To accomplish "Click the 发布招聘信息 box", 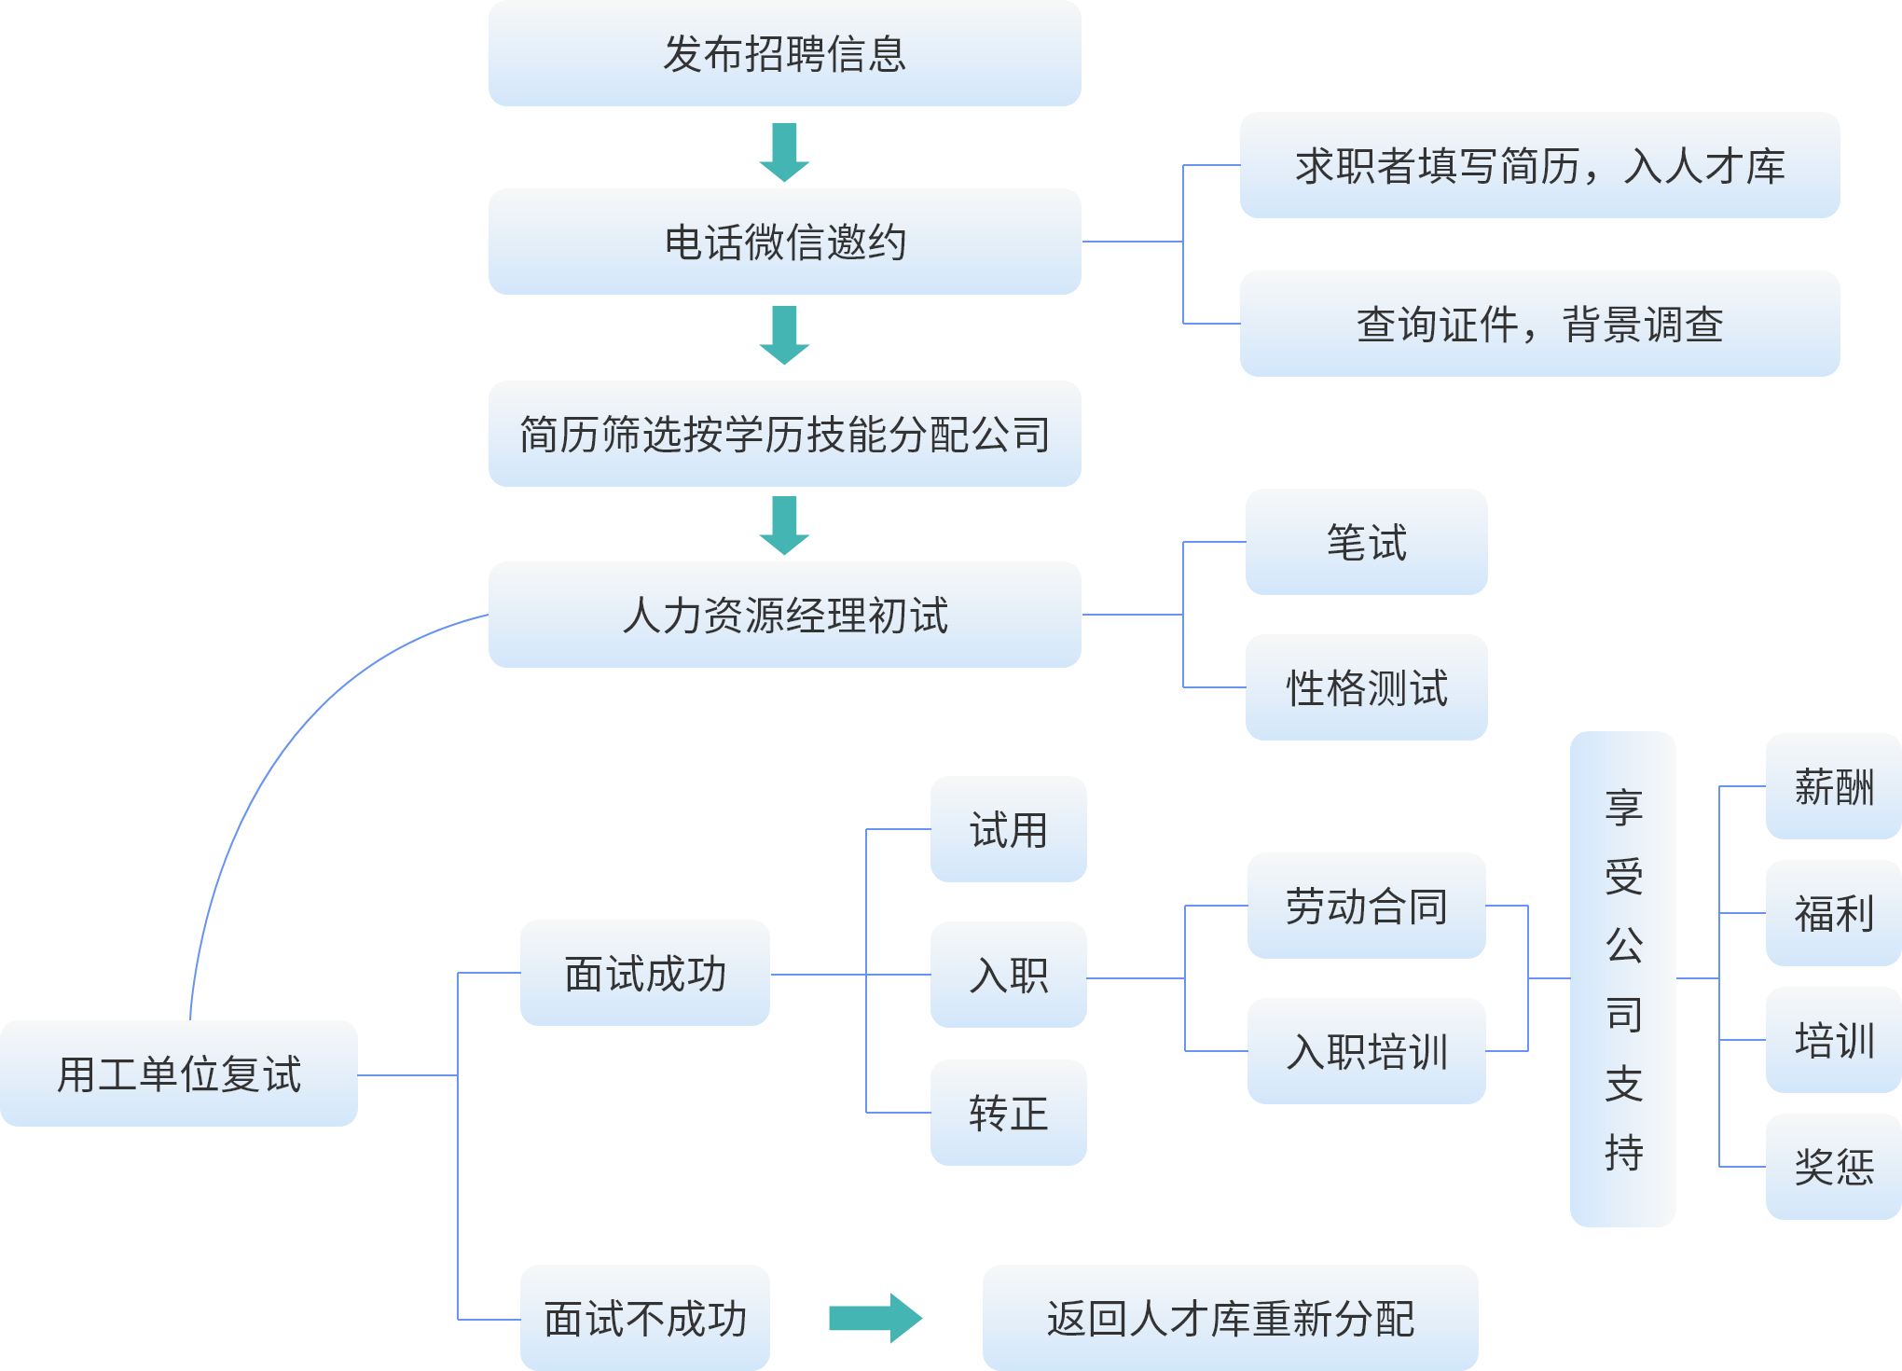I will pyautogui.click(x=784, y=53).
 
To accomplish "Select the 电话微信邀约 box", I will pyautogui.click(x=784, y=242).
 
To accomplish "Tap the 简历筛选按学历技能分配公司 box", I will pyautogui.click(x=784, y=434).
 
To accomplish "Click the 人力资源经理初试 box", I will pyautogui.click(x=784, y=615).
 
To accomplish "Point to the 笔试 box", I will pyautogui.click(x=1366, y=542).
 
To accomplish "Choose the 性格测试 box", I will pyautogui.click(x=1366, y=687).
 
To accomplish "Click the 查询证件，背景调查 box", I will pyautogui.click(x=1539, y=324).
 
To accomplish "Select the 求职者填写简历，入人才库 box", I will pyautogui.click(x=1539, y=165).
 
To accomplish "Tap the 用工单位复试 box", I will pyautogui.click(x=179, y=1073).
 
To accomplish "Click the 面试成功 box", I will pyautogui.click(x=645, y=973).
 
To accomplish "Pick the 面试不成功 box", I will pyautogui.click(x=645, y=1318).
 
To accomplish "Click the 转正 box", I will pyautogui.click(x=1008, y=1113).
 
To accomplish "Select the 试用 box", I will pyautogui.click(x=1008, y=829).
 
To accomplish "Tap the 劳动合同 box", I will pyautogui.click(x=1366, y=906).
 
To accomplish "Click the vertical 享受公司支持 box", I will pyautogui.click(x=1622, y=978).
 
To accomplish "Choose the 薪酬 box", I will pyautogui.click(x=1833, y=786).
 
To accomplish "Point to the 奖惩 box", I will pyautogui.click(x=1833, y=1167).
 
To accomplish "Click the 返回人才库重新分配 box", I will pyautogui.click(x=1230, y=1318).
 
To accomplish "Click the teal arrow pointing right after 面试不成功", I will pyautogui.click(x=875, y=1318).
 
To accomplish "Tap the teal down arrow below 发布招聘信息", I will pyautogui.click(x=784, y=152).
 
